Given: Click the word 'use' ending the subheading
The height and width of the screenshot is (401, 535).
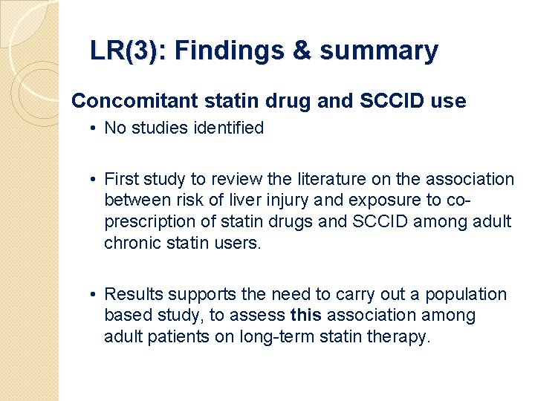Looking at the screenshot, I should point(450,101).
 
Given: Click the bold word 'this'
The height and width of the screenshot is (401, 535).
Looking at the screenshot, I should point(306,316).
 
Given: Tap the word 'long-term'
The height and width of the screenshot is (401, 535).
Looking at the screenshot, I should point(276,337).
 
